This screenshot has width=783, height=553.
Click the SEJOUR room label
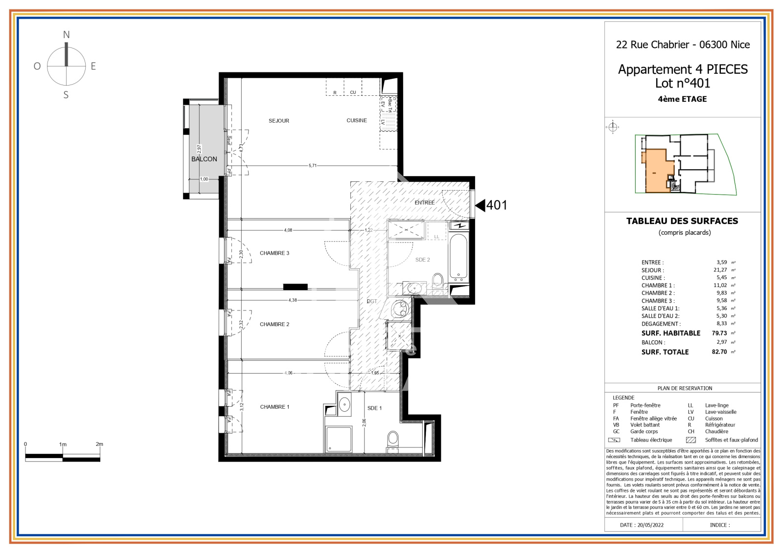pos(278,121)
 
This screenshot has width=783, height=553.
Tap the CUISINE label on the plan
pos(356,120)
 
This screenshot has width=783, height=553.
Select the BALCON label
pos(204,159)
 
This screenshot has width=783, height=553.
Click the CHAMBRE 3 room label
pos(274,253)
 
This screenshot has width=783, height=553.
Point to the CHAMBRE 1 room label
pos(275,407)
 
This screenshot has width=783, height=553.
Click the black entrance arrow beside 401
pos(480,205)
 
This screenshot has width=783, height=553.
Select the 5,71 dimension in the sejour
pos(312,166)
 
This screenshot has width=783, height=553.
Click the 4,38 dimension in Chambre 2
pos(292,300)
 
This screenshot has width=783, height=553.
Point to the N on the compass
pos(66,35)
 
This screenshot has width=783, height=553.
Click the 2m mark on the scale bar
pos(99,444)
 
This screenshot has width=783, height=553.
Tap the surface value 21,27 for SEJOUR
pos(720,270)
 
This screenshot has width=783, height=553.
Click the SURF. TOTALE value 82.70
pos(719,352)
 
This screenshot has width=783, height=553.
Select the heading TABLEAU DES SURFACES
pos(682,221)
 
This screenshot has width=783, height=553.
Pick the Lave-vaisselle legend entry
pos(720,412)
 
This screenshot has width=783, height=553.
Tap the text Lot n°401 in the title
pos(682,84)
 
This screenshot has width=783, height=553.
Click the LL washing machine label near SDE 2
pos(437,237)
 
